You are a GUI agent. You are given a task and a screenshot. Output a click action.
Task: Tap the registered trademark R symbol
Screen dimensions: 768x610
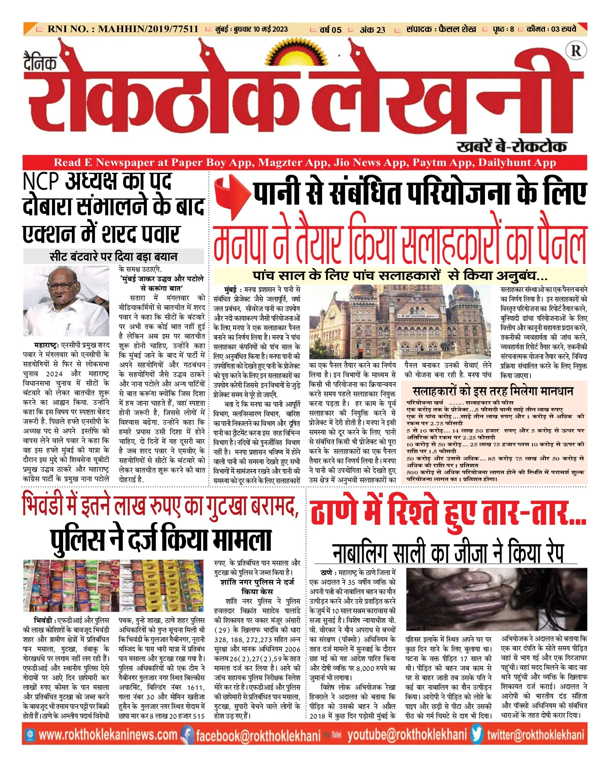576,50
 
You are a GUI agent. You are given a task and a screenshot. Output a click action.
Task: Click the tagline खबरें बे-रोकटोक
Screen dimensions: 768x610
511,146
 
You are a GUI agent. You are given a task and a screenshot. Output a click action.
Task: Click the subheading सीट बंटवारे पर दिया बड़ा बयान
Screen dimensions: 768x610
114,256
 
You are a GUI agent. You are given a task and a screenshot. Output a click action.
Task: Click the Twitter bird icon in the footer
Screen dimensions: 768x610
477,735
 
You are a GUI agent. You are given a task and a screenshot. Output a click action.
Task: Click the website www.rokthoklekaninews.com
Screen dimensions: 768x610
108,735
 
